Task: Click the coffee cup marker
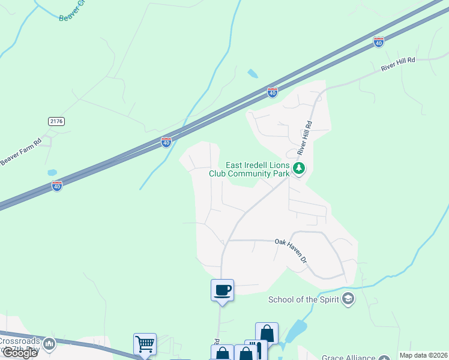coord(222,290)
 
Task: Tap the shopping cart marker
coord(145,344)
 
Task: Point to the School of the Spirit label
coord(303,300)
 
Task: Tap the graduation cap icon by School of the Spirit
coord(348,299)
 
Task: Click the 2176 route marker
coord(56,121)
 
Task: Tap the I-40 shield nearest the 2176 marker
coord(56,186)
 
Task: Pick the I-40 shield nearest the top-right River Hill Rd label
coord(378,41)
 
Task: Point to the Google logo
coord(20,353)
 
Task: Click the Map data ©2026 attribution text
coord(424,355)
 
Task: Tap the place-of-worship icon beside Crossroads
coord(49,344)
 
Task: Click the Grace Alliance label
coord(348,357)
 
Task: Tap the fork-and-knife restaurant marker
coord(255,350)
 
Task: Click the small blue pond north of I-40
coord(253,74)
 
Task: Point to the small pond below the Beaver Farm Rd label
coord(52,173)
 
